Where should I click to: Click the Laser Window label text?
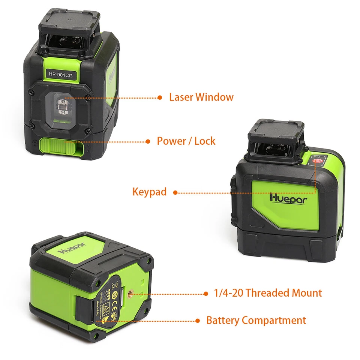[201, 97]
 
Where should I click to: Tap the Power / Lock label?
[186, 141]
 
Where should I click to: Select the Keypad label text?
[149, 192]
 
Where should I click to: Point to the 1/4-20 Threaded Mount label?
[268, 293]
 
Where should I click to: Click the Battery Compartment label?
[256, 321]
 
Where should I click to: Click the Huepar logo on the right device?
[288, 198]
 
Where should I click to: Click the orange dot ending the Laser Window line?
[160, 97]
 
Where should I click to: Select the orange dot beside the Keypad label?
[175, 193]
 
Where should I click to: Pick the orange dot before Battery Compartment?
[198, 321]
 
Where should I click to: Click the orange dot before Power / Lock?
[148, 141]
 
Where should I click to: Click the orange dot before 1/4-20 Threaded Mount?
[205, 293]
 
